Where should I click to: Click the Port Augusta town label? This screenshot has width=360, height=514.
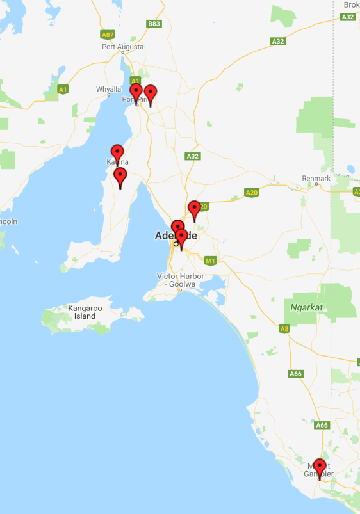point(122,47)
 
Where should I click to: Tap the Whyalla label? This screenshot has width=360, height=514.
point(108,89)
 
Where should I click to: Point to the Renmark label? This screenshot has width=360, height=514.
point(317,178)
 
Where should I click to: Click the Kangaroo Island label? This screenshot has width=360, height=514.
point(85,312)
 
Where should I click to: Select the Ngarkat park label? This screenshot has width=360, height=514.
point(304,307)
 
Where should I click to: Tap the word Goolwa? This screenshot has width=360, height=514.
point(192,284)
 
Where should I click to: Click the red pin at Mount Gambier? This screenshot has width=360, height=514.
point(319,468)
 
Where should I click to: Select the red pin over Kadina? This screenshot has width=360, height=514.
point(117,153)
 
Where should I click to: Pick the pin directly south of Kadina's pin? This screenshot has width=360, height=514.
point(120,176)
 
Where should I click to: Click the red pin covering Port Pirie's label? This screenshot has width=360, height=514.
point(136,92)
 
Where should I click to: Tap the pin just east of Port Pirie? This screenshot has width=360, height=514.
point(150,93)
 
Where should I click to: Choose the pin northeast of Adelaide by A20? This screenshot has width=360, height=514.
point(194,209)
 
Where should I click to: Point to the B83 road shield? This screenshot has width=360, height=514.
point(154,24)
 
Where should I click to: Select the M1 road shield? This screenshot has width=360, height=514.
point(209,261)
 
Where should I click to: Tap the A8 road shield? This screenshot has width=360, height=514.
point(284,329)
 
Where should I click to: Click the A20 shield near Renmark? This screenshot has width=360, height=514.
point(251,192)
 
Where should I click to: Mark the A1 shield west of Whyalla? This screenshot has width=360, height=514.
point(63,90)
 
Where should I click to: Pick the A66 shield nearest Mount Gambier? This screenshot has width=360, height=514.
point(322,425)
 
